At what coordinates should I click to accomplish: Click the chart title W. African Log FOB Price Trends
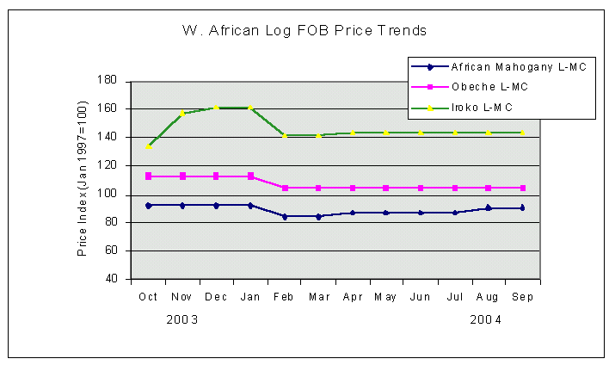[x=304, y=31]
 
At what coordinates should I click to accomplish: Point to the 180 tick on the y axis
[x=107, y=80]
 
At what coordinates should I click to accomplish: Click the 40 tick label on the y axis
[x=110, y=279]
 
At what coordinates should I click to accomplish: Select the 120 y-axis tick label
[x=107, y=165]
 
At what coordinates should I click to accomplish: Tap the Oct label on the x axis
[x=148, y=296]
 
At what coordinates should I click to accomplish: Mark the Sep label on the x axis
[x=522, y=296]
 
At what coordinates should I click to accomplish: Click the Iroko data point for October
[x=148, y=146]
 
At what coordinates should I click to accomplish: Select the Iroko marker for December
[x=216, y=108]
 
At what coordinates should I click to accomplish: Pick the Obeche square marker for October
[x=148, y=176]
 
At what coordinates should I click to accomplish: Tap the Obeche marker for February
[x=284, y=188]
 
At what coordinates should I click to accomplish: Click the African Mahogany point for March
[x=318, y=216]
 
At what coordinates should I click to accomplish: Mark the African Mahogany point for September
[x=522, y=207]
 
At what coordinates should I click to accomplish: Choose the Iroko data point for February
[x=284, y=135]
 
